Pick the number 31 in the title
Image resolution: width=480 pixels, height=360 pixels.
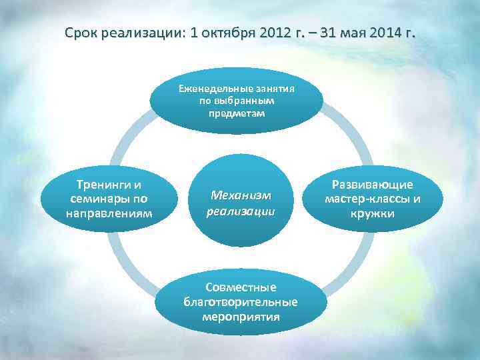[329, 33]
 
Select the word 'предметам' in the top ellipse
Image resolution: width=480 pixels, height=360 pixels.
[236, 113]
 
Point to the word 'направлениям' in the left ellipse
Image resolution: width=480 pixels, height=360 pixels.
[109, 213]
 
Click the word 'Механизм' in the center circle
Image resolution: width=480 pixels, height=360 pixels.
[241, 195]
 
